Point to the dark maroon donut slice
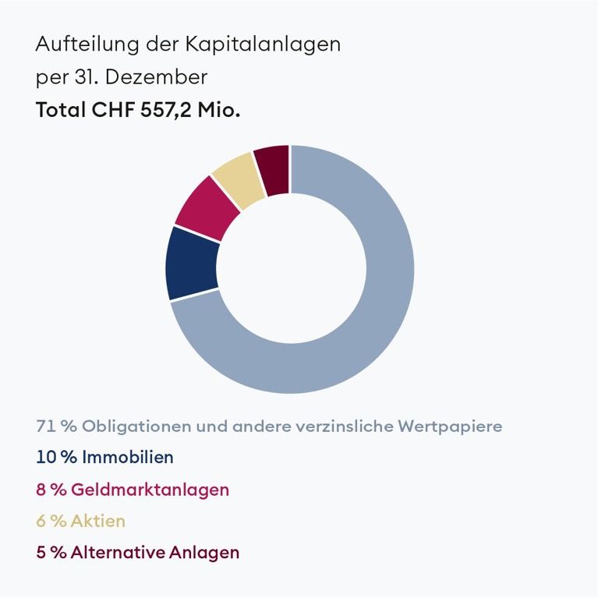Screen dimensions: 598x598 click(x=274, y=169)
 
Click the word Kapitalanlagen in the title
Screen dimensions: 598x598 click(x=263, y=44)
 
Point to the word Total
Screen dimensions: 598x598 click(x=60, y=110)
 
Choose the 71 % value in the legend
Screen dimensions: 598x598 click(x=55, y=426)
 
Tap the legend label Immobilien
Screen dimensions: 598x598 click(x=128, y=457)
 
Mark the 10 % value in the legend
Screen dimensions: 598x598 click(x=56, y=457)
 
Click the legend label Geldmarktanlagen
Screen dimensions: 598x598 click(x=150, y=490)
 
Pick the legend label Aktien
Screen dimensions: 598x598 click(x=97, y=521)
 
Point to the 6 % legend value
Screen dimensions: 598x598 click(x=51, y=521)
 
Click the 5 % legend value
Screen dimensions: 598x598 click(x=51, y=553)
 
